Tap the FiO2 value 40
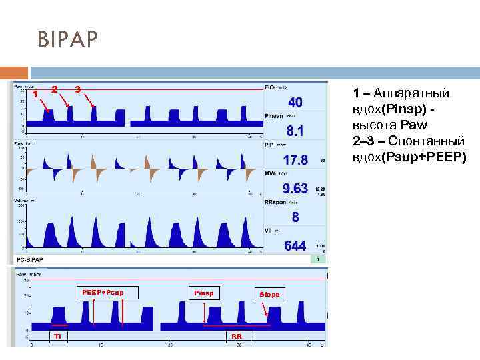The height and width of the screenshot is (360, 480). tap(295, 103)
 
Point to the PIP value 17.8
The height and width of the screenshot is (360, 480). tap(295, 160)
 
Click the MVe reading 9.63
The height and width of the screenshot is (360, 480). tap(295, 189)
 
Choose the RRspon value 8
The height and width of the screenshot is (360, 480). tap(295, 217)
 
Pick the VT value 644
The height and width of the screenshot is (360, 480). tap(295, 246)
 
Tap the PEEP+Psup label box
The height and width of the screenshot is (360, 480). tap(102, 292)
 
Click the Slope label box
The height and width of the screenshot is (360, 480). tap(269, 294)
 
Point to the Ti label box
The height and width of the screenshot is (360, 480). tap(58, 337)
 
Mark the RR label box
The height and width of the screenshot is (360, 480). tap(237, 337)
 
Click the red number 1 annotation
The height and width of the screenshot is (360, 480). tap(35, 93)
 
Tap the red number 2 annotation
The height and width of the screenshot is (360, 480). tap(55, 89)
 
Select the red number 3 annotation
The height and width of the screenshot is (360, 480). tap(78, 89)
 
